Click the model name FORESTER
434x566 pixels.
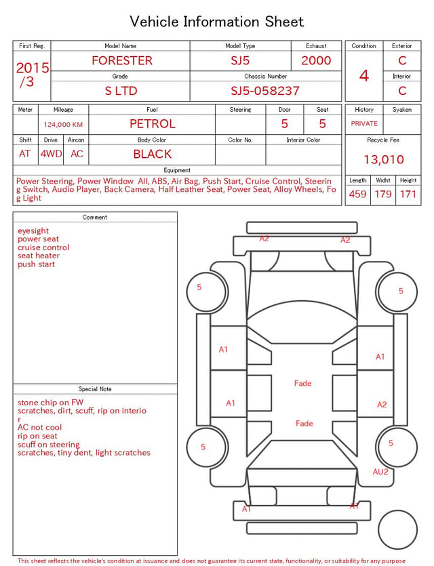122,60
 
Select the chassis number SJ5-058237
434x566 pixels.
265,91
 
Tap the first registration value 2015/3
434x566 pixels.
32,75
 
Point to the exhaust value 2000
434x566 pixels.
316,60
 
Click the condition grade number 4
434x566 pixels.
364,76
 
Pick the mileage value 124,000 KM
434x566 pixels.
63,125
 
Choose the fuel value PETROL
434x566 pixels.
153,124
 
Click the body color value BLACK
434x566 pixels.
153,154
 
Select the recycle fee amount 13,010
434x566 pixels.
384,159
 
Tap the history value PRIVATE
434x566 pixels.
364,123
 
